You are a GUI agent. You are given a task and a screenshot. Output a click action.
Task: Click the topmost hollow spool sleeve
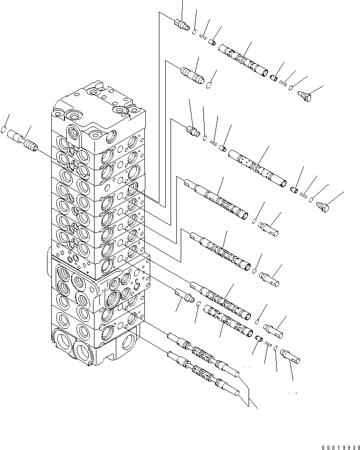tap(243, 60)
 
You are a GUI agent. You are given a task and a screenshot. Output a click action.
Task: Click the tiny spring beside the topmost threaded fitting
tap(203, 37)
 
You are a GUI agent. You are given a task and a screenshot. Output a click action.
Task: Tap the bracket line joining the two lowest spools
tap(248, 393)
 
